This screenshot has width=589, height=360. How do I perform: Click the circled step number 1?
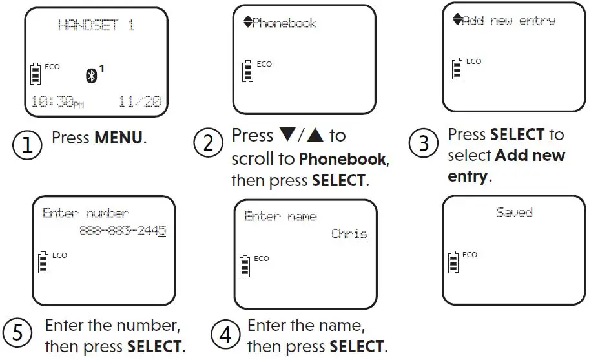pyautogui.click(x=26, y=146)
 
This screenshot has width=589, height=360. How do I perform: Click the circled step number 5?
pyautogui.click(x=17, y=333)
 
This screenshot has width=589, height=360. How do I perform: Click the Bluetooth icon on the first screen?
pyautogui.click(x=92, y=75)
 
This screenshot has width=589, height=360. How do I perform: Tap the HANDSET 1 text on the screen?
pyautogui.click(x=96, y=26)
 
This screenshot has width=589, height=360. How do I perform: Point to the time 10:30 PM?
pyautogui.click(x=57, y=101)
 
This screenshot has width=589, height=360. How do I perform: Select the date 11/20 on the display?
pyautogui.click(x=139, y=101)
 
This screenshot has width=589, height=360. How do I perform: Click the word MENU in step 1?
pyautogui.click(x=120, y=138)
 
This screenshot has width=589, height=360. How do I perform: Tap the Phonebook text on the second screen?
pyautogui.click(x=284, y=23)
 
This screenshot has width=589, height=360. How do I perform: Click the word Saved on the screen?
pyautogui.click(x=514, y=212)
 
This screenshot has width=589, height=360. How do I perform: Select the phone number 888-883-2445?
pyautogui.click(x=122, y=230)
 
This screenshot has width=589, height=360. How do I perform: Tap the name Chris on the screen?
pyautogui.click(x=349, y=233)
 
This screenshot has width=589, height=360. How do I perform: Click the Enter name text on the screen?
pyautogui.click(x=280, y=217)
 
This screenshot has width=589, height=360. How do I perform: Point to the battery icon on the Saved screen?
pyautogui.click(x=453, y=262)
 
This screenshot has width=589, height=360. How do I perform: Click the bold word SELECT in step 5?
pyautogui.click(x=156, y=346)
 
